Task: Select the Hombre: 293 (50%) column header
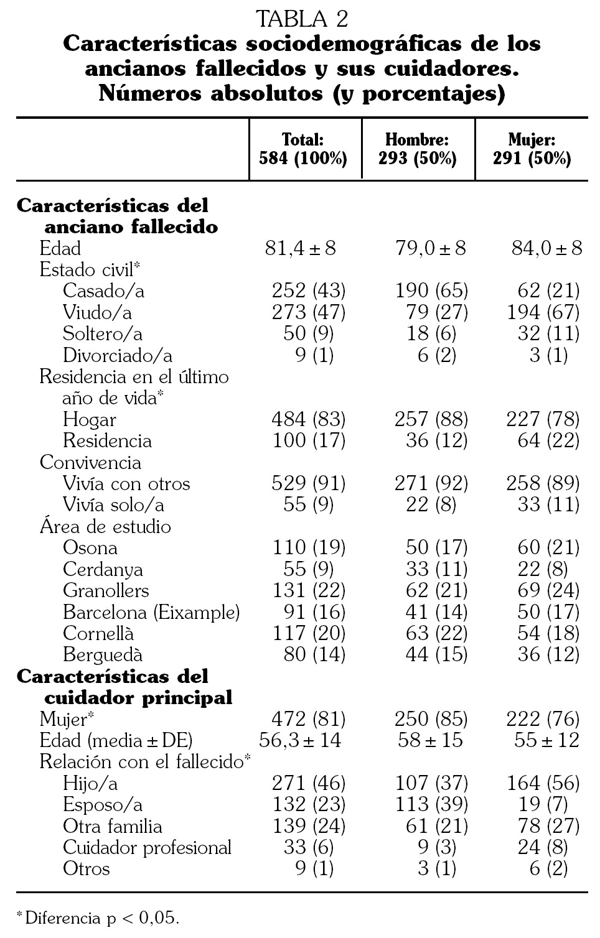point(417,149)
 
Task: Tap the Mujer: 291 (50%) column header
point(532,149)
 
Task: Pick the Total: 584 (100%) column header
point(303,149)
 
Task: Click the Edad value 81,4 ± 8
point(301,248)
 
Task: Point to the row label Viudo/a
point(97,312)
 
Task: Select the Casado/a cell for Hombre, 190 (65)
point(431,290)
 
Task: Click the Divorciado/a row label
point(118,355)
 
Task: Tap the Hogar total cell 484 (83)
point(309,419)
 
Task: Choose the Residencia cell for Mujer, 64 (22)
point(548,440)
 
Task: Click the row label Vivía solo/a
point(113,504)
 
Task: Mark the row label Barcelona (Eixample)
point(151,612)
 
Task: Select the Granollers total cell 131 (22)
point(309,590)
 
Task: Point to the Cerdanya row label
point(103,569)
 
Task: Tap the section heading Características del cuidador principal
point(124,687)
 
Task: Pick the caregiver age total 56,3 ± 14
point(300,740)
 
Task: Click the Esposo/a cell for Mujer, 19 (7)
point(543,804)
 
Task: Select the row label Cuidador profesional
point(147,847)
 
